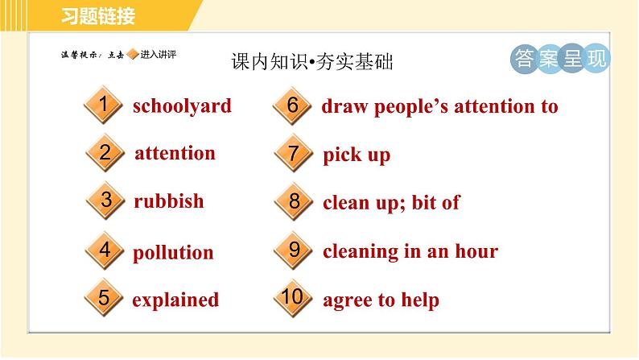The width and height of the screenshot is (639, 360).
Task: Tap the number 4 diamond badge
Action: click(x=103, y=251)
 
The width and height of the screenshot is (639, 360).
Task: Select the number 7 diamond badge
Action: click(x=293, y=153)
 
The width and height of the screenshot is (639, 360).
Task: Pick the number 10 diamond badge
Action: click(x=293, y=299)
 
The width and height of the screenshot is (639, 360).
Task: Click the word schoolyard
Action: click(x=182, y=106)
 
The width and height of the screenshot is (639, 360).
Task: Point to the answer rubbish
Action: click(x=169, y=201)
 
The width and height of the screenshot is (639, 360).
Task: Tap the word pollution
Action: click(x=173, y=252)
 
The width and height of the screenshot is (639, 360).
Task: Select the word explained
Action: click(x=175, y=300)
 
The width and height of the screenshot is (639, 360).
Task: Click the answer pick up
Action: click(x=357, y=155)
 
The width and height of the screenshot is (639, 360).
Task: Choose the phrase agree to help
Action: click(x=381, y=300)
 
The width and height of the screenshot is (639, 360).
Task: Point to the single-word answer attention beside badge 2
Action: click(x=175, y=153)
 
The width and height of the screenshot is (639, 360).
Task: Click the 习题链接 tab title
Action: click(x=97, y=15)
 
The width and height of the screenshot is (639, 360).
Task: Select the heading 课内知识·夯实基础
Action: click(x=311, y=61)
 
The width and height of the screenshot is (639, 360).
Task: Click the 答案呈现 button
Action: click(x=560, y=59)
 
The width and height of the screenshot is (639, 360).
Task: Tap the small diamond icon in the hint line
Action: click(x=133, y=55)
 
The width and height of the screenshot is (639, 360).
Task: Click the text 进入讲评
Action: click(x=158, y=55)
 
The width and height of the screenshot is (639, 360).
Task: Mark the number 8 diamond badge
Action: click(x=293, y=201)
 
